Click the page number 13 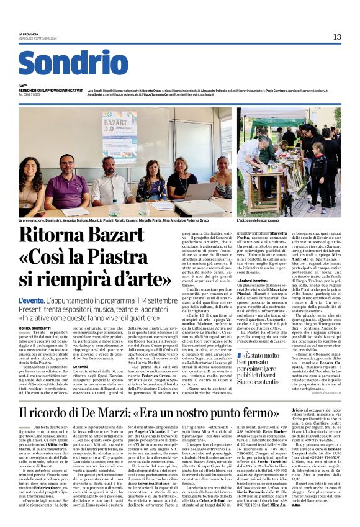point(337,37)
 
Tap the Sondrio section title point(73,63)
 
